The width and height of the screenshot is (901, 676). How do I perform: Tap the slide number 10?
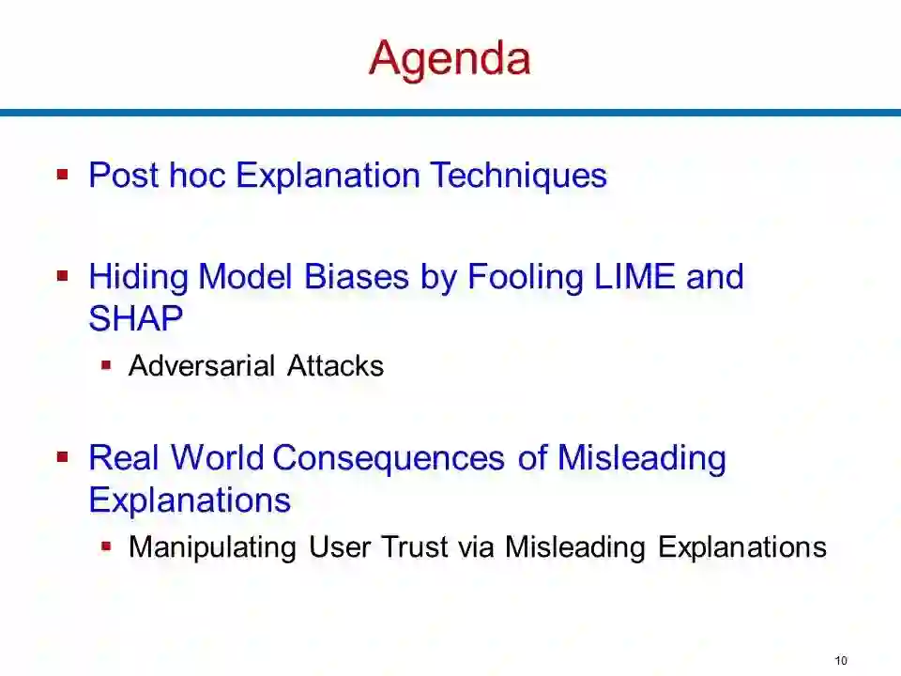click(841, 660)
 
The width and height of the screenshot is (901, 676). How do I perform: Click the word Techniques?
click(518, 176)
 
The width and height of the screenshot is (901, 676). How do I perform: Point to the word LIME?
click(634, 276)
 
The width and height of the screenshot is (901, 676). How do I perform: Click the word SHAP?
click(136, 318)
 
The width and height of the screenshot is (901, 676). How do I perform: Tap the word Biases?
click(357, 276)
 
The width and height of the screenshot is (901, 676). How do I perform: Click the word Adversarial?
click(202, 365)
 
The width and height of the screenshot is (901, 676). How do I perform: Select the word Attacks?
click(336, 365)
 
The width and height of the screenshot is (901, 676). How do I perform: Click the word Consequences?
click(389, 458)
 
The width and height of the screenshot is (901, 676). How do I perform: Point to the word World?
click(217, 458)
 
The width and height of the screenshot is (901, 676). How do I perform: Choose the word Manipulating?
click(213, 547)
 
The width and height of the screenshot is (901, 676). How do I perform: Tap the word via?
click(477, 546)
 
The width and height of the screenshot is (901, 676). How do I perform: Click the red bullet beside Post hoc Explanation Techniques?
click(63, 174)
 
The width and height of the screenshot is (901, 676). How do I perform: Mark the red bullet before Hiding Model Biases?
click(63, 276)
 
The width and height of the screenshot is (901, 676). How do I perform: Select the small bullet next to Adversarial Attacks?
click(106, 365)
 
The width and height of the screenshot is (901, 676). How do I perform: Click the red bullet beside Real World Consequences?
click(63, 457)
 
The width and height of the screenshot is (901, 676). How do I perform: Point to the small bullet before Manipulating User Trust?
click(106, 546)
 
